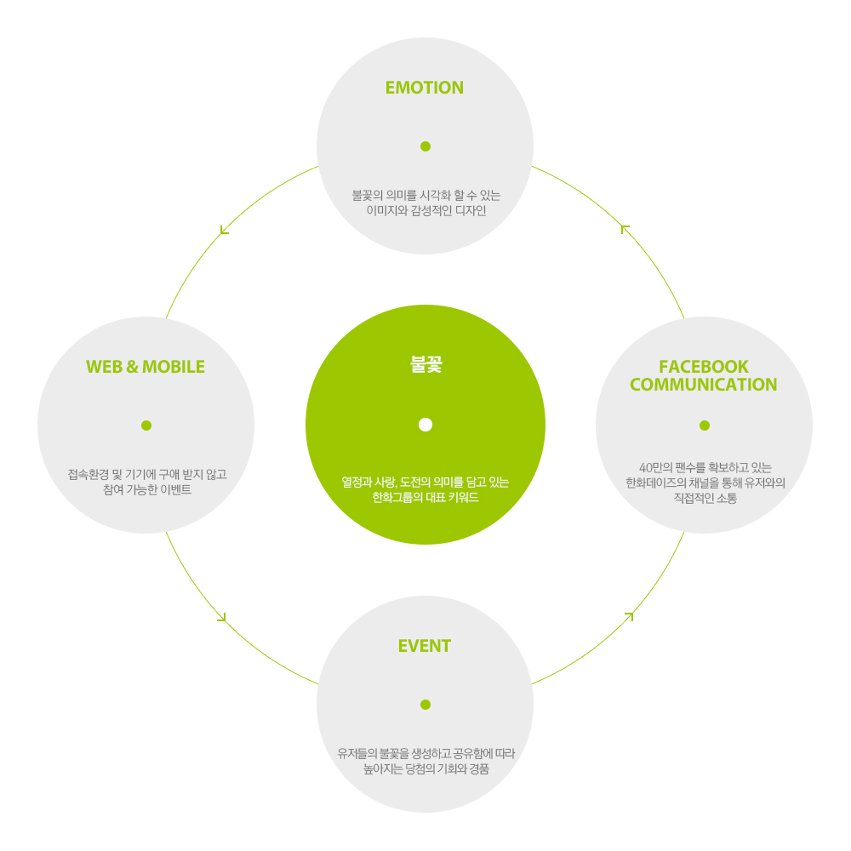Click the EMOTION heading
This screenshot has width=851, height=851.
pyautogui.click(x=425, y=88)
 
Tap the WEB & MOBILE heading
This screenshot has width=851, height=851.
pyautogui.click(x=146, y=367)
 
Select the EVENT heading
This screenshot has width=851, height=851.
pyautogui.click(x=425, y=646)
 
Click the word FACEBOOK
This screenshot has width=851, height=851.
pyautogui.click(x=704, y=367)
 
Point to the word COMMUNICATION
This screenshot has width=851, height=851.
pyautogui.click(x=704, y=385)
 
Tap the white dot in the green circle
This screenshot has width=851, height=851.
pyautogui.click(x=425, y=425)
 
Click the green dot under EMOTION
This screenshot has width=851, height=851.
pyautogui.click(x=425, y=146)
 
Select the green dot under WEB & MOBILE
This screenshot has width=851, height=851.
pyautogui.click(x=146, y=425)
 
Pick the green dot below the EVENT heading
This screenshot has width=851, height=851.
pyautogui.click(x=425, y=705)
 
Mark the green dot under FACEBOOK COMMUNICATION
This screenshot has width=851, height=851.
pyautogui.click(x=705, y=425)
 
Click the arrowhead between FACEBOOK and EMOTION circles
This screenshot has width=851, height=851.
pyautogui.click(x=625, y=228)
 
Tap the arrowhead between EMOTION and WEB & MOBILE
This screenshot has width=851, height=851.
pyautogui.click(x=223, y=230)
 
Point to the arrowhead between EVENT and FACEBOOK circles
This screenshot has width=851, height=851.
pyautogui.click(x=630, y=615)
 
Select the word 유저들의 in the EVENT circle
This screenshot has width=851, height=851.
pyautogui.click(x=357, y=754)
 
